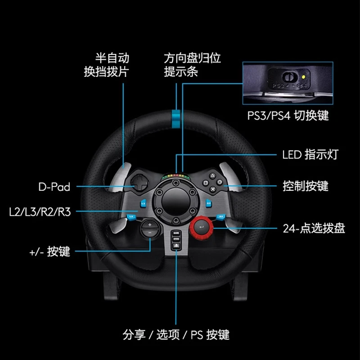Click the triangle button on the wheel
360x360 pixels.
[x=212, y=176]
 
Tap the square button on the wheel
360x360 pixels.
[x=206, y=183]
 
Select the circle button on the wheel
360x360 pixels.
[x=220, y=182]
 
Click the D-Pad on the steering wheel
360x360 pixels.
[x=140, y=183]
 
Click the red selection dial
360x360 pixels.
[x=201, y=227]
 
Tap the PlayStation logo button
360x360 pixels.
[x=176, y=246]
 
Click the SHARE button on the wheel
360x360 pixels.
[x=176, y=233]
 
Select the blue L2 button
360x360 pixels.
[x=143, y=203]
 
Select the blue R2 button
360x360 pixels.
[x=208, y=203]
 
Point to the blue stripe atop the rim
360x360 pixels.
[x=176, y=119]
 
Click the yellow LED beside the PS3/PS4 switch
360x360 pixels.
[x=303, y=77]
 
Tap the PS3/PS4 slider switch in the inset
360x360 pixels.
[x=289, y=76]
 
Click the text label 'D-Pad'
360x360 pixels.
[x=54, y=187]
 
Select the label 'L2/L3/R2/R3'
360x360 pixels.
[x=40, y=212]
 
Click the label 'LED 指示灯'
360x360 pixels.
[x=310, y=154]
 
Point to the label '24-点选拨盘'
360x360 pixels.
[x=314, y=229]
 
